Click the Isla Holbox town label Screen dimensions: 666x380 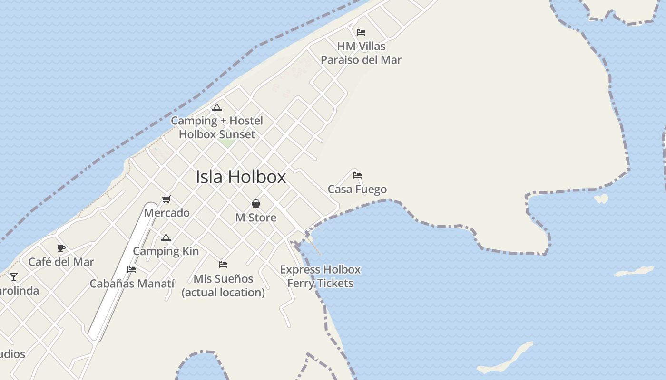(x=241, y=177)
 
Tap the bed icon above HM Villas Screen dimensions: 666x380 (x=361, y=32)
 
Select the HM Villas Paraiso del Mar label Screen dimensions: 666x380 (x=361, y=53)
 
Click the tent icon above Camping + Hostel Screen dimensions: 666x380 (x=217, y=107)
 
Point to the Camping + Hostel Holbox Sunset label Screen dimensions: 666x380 (x=217, y=127)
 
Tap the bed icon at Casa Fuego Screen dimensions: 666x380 (x=357, y=175)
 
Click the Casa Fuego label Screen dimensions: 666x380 (x=357, y=189)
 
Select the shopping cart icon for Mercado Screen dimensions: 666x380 (x=166, y=199)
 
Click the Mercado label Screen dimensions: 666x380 (x=166, y=212)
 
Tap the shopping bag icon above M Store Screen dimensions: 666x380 (x=256, y=204)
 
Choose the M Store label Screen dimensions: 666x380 (x=256, y=218)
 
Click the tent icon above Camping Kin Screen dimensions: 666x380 (x=166, y=237)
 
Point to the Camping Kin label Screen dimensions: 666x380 (x=166, y=251)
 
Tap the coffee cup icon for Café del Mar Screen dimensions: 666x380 (x=61, y=248)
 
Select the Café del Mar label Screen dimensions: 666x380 (x=61, y=261)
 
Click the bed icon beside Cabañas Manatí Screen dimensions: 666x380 (x=132, y=270)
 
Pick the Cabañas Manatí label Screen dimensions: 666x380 (x=132, y=284)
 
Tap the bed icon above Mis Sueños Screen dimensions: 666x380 (x=223, y=264)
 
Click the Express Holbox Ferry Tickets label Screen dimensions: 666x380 (x=320, y=276)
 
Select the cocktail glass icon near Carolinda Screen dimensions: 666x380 (x=14, y=276)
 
